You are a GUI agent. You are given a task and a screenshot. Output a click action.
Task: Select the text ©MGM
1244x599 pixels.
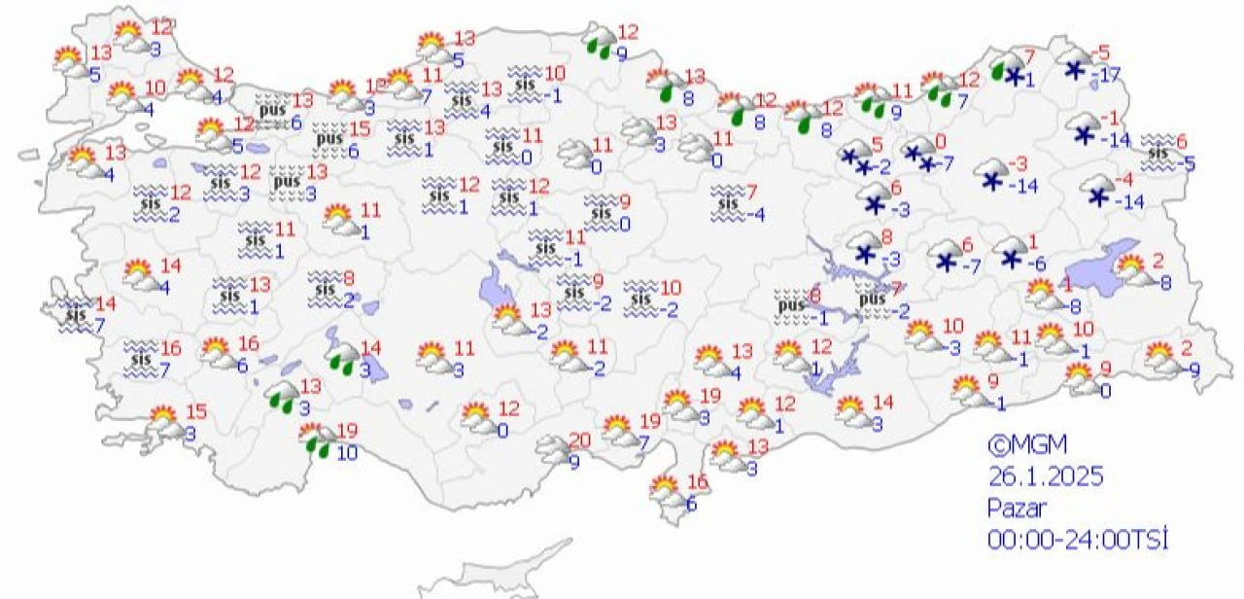1027,446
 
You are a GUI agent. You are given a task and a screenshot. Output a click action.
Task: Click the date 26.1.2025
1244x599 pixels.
1046,477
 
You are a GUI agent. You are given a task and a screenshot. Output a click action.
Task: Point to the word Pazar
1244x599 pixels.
1017,508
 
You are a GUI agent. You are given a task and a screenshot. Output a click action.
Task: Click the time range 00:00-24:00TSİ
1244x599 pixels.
1076,538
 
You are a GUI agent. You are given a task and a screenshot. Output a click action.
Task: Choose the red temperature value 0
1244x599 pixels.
940,143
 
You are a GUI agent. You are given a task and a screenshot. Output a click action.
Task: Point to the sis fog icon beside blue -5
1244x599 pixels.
1158,152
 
